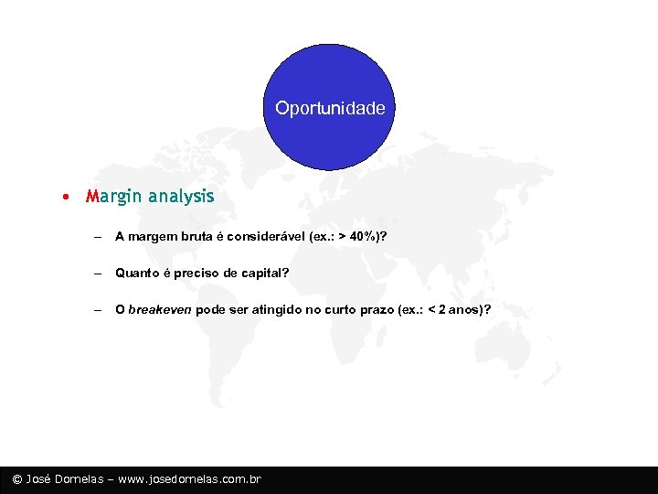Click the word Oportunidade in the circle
[330, 108]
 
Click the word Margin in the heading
[114, 196]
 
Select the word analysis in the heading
[180, 196]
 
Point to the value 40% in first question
[366, 236]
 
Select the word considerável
[265, 236]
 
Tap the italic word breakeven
[160, 309]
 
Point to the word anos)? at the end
[471, 309]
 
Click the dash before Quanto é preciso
[96, 273]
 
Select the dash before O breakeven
[96, 309]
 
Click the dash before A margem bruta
[96, 236]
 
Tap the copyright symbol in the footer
[16, 479]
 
